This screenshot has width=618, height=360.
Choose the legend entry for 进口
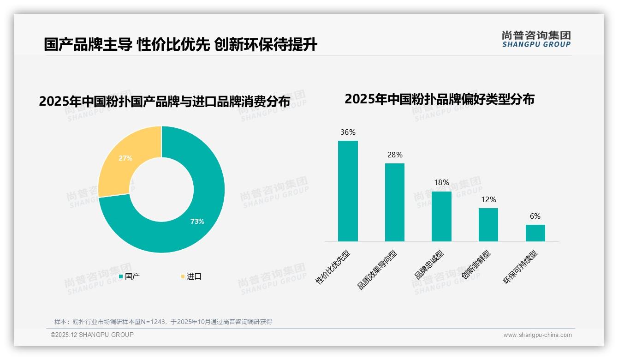[191, 276]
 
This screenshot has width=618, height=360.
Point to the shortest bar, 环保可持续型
[535, 233]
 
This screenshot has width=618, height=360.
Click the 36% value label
[348, 132]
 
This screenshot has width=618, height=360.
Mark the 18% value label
[441, 182]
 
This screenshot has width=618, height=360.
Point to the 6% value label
[535, 216]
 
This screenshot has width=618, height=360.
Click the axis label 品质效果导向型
[377, 270]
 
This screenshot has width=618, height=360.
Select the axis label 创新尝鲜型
[476, 265]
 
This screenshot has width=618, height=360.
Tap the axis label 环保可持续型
[520, 267]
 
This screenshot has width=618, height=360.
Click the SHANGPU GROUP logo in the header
[536, 39]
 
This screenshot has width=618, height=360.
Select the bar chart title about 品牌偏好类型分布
[439, 99]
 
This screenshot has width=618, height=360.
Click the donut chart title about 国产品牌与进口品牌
[164, 102]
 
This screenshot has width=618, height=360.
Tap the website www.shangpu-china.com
[537, 335]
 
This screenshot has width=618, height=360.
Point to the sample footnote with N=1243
[163, 322]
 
